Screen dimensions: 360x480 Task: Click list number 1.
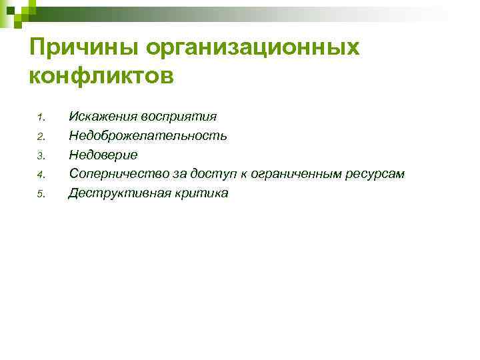point(40,119)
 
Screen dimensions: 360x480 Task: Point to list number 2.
point(40,137)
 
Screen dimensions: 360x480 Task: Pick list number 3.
point(40,157)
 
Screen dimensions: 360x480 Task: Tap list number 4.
point(40,175)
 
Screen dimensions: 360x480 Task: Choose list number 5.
point(40,195)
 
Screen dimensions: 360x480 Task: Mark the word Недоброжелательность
point(148,136)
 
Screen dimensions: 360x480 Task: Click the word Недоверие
point(103,155)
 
